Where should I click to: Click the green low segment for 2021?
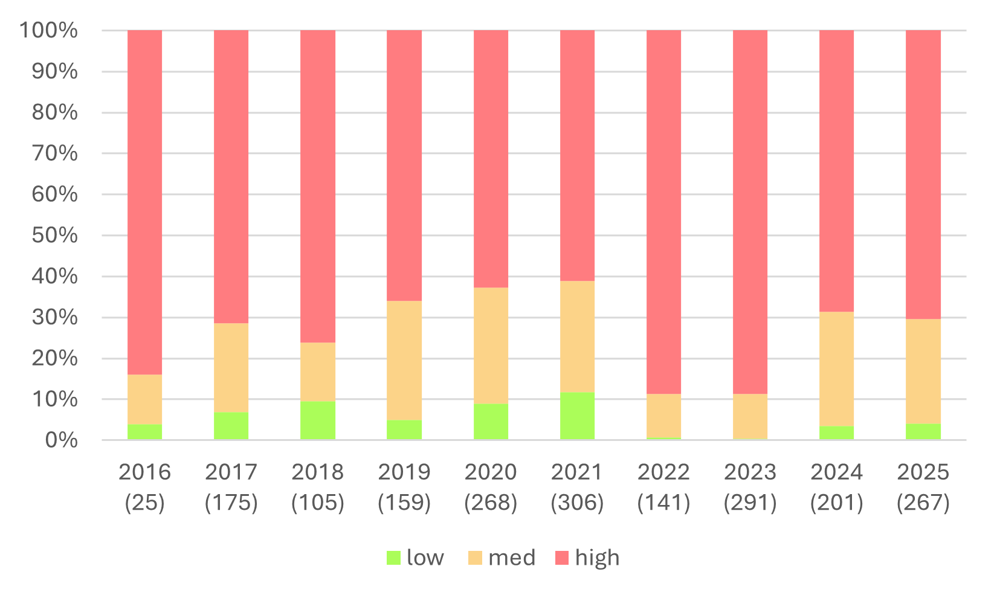click(x=577, y=416)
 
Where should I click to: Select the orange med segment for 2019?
click(x=404, y=360)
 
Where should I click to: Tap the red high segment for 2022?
click(x=663, y=211)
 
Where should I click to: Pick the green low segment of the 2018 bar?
click(x=318, y=420)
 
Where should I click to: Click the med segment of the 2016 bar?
click(x=145, y=399)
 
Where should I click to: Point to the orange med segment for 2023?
click(x=750, y=416)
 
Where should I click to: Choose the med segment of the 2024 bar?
click(x=836, y=368)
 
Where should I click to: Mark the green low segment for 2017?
click(x=231, y=426)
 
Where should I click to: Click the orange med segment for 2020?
click(x=491, y=346)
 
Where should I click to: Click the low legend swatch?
click(x=393, y=558)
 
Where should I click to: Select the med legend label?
click(x=511, y=558)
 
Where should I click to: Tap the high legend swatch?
click(x=562, y=558)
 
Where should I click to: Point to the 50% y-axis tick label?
click(x=54, y=235)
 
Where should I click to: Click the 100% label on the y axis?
click(x=48, y=30)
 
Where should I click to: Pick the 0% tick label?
click(x=61, y=440)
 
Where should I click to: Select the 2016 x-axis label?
click(x=145, y=472)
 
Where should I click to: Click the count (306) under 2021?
click(x=577, y=503)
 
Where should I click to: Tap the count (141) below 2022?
click(x=663, y=503)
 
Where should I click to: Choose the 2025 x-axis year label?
click(x=923, y=472)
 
